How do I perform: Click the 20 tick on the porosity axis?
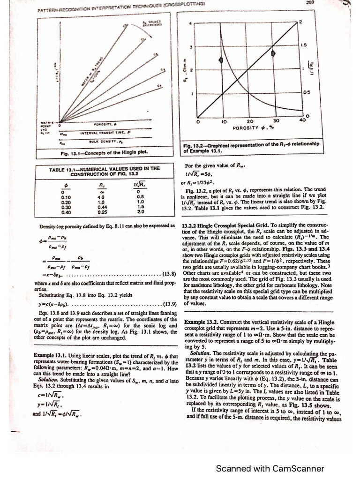(250, 120)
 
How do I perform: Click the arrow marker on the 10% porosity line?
(221, 60)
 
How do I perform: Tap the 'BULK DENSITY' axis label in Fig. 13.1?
(101, 141)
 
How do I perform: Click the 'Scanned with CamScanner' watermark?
(270, 468)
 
